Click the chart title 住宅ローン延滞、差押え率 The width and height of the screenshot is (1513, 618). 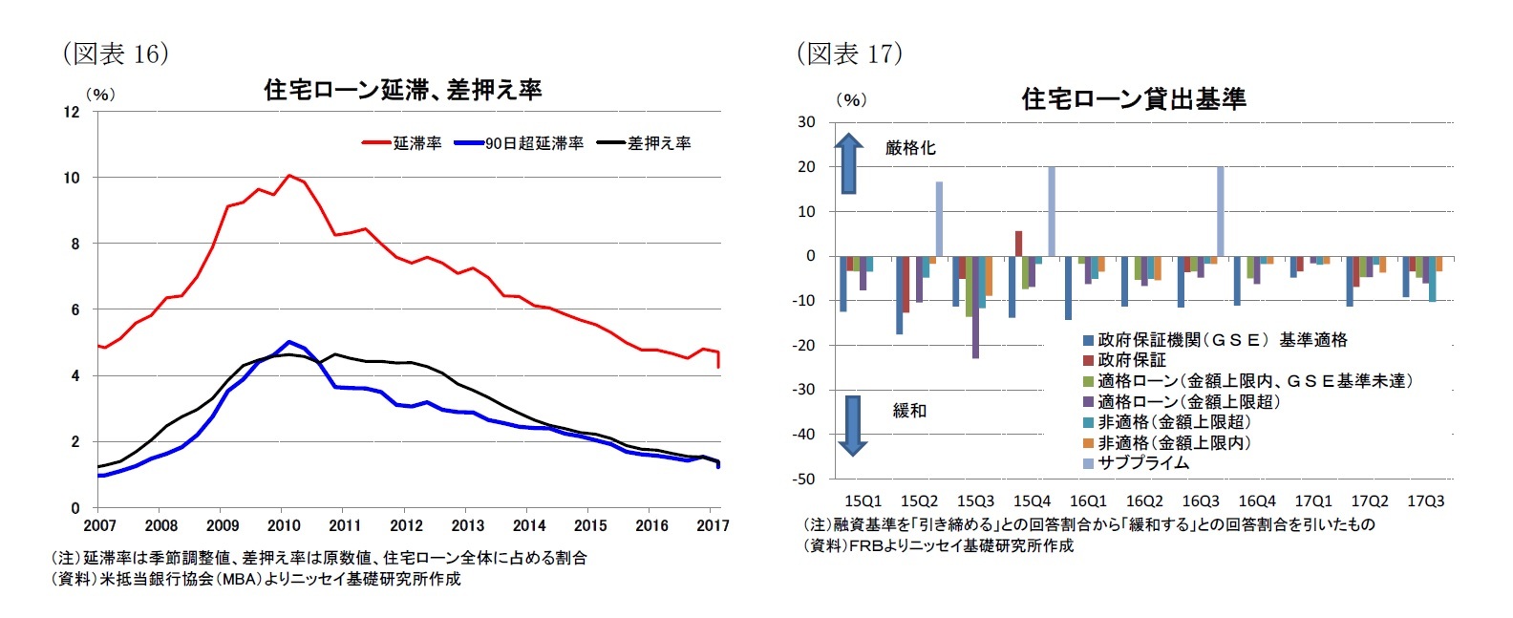pos(402,90)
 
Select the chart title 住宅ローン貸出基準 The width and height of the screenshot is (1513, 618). pos(1133,98)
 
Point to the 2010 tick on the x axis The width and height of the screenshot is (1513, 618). pos(284,525)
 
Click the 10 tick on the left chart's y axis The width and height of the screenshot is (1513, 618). pos(72,178)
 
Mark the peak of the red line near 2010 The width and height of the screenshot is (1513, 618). pos(288,176)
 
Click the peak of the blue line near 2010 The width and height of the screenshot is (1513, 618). pos(288,341)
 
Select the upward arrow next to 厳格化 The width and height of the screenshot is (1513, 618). pos(848,163)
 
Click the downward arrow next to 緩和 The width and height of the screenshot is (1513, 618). pos(852,425)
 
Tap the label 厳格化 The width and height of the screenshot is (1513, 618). pos(910,148)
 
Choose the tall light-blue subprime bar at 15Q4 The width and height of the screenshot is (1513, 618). pos(1052,211)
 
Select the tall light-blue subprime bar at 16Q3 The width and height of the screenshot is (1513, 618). pos(1221,211)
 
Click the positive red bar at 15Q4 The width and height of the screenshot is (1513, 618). pos(1018,244)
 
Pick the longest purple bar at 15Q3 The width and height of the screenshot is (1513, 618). pos(976,308)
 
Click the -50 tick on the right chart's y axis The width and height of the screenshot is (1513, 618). pos(807,479)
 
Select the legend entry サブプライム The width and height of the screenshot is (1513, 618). pos(1142,463)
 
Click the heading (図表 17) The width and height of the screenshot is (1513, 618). pos(849,53)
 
